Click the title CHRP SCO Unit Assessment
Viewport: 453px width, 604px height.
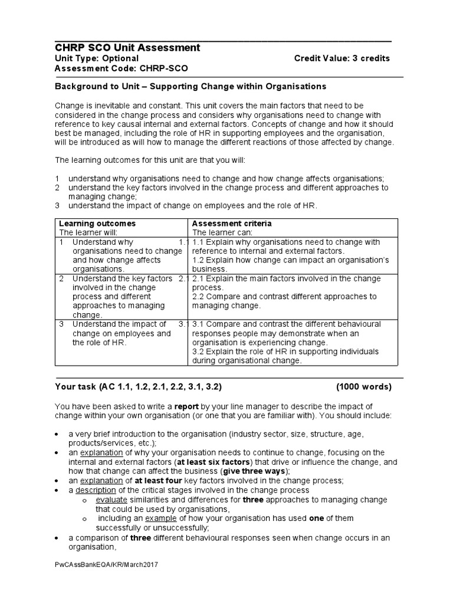(x=127, y=48)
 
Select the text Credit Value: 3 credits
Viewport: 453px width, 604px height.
(x=342, y=58)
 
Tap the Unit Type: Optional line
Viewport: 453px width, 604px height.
(x=97, y=58)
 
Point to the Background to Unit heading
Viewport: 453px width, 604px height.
(x=190, y=86)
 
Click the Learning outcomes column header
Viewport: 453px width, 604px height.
(x=97, y=224)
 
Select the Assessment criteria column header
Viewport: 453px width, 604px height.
(x=232, y=224)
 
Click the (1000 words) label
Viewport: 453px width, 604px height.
(x=363, y=387)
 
